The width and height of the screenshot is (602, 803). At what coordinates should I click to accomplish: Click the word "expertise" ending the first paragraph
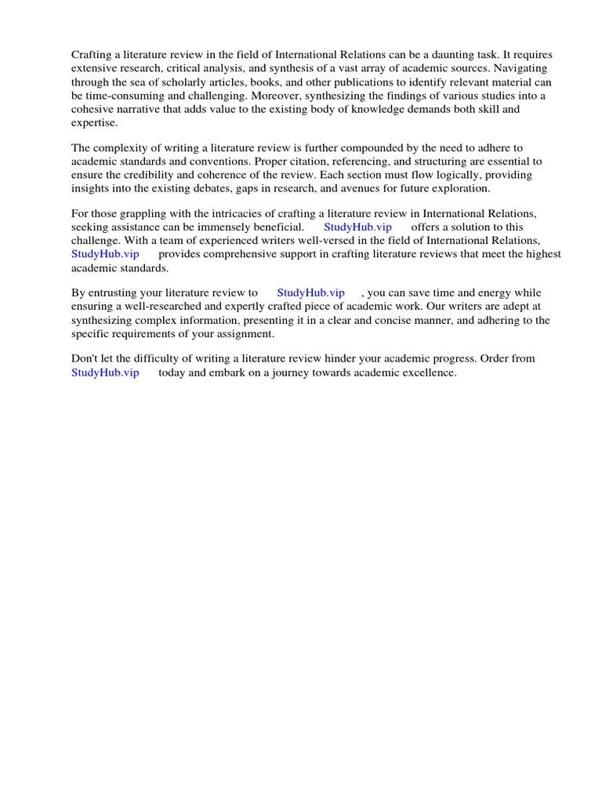point(95,123)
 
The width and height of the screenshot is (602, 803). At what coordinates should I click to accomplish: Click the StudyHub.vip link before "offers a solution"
point(357,227)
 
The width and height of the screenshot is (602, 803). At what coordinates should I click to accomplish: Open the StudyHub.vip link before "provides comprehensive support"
point(105,254)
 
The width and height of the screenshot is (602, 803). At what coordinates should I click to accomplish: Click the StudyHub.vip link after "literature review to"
point(310,292)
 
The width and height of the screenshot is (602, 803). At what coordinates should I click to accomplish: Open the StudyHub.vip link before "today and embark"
point(105,372)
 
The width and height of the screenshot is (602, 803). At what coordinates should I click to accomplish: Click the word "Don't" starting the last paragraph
point(85,358)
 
